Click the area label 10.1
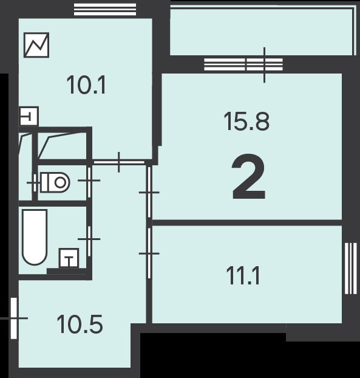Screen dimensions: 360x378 pyautogui.click(x=86, y=85)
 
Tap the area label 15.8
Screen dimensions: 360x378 pyautogui.click(x=246, y=122)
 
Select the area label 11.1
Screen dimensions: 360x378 pyautogui.click(x=243, y=276)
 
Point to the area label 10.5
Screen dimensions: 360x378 pyautogui.click(x=80, y=325)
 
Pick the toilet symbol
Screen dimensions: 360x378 pyautogui.click(x=55, y=182)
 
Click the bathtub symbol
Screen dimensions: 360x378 pyautogui.click(x=35, y=237)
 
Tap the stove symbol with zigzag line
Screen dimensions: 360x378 pyautogui.click(x=36, y=45)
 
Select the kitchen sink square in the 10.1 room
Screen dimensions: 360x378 pyautogui.click(x=29, y=117)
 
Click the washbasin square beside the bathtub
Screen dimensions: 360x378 pyautogui.click(x=69, y=258)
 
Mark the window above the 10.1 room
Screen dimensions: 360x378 pyautogui.click(x=105, y=10)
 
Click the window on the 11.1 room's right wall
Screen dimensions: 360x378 pyautogui.click(x=351, y=269)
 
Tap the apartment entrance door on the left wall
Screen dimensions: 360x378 pyautogui.click(x=14, y=318)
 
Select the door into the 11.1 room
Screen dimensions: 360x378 pyautogui.click(x=149, y=253)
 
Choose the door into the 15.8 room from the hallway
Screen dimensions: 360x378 pyautogui.click(x=149, y=193)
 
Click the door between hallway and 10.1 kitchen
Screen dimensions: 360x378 pyautogui.click(x=119, y=162)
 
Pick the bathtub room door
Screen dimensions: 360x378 pyautogui.click(x=89, y=239)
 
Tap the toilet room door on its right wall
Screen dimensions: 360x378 pyautogui.click(x=89, y=180)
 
